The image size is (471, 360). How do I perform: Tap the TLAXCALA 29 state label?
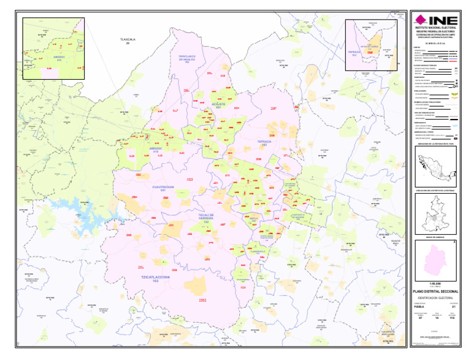(128, 40)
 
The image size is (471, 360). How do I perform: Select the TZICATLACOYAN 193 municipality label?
(155, 278)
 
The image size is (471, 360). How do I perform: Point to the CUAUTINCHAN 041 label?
(164, 187)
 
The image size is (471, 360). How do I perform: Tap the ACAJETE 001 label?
(220, 105)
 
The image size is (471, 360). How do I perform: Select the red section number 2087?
(274, 108)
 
